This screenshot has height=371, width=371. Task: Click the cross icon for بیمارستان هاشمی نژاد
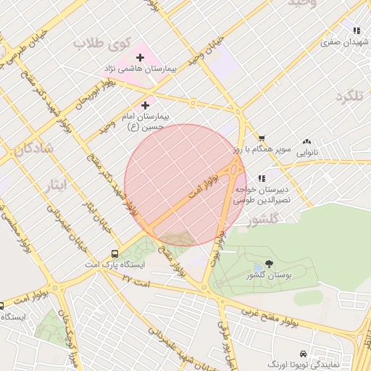pos(141,57)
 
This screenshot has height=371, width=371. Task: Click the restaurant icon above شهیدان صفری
pos(356,30)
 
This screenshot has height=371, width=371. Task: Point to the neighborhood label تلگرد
pos(349,96)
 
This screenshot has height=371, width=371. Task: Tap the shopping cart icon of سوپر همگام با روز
pos(262,138)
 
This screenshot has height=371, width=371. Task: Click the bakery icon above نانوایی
pos(307,143)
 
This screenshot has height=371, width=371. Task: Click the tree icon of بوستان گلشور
pos(269,265)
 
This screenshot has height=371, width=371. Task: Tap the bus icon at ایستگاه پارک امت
pos(114,254)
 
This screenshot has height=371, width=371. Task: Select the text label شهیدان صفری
pos(341,42)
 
